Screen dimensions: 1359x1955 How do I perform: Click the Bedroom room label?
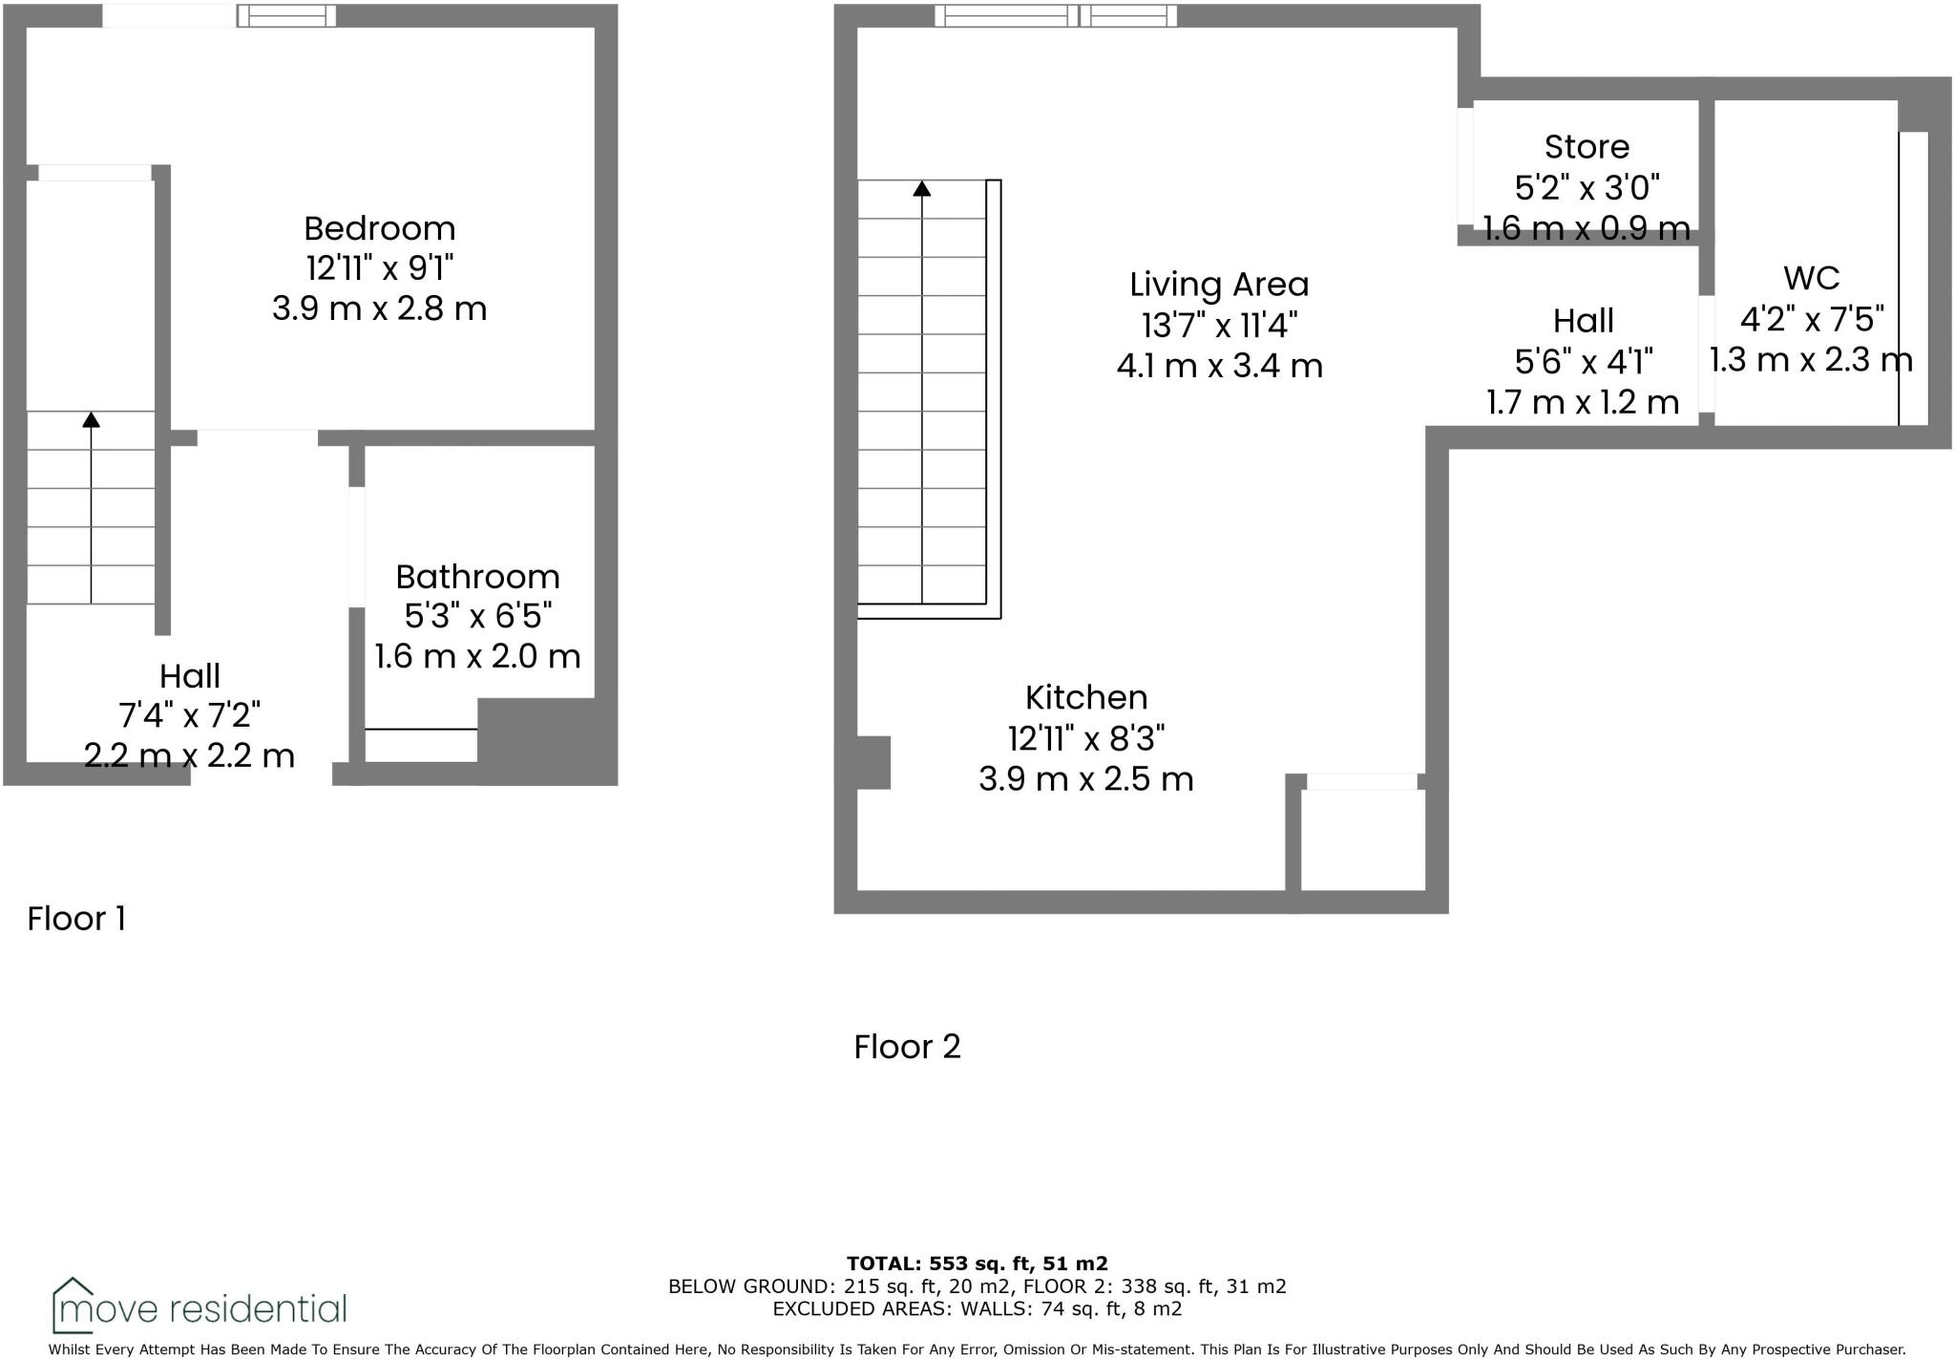(x=379, y=228)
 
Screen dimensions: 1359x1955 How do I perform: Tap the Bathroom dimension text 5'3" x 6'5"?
(x=477, y=616)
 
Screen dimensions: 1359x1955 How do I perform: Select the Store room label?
(x=1587, y=147)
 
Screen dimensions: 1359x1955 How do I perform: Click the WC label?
(x=1811, y=278)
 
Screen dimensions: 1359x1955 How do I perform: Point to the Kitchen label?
(x=1085, y=697)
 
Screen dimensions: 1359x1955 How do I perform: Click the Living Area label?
(x=1219, y=285)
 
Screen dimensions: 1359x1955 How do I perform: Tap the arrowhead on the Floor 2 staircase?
(x=921, y=189)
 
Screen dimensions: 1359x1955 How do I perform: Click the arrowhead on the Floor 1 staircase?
(x=91, y=419)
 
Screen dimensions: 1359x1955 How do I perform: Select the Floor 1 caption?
(x=76, y=919)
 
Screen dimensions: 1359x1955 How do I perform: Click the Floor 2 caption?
(x=907, y=1047)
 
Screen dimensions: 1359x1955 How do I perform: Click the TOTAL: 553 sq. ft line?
(x=977, y=1263)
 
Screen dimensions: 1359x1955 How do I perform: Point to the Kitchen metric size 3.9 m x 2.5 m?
(x=1085, y=779)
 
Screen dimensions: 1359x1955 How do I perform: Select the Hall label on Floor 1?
(x=190, y=676)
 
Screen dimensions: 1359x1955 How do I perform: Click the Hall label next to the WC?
(x=1583, y=321)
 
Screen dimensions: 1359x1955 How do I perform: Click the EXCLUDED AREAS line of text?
(x=977, y=1308)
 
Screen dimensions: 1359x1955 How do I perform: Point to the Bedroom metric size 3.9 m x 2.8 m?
(x=379, y=308)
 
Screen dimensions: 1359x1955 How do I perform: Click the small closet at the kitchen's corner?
(x=1362, y=839)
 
